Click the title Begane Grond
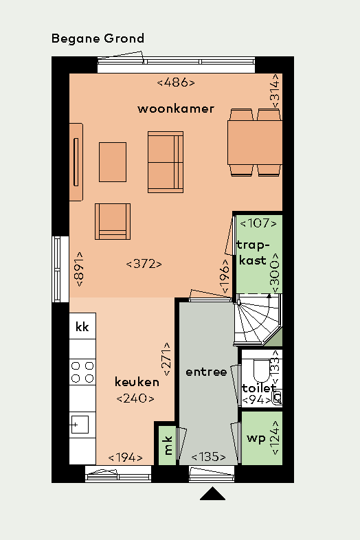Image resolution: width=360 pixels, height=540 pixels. click(98, 38)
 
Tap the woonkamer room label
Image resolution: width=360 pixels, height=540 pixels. click(176, 109)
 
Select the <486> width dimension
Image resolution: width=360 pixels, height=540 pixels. click(177, 82)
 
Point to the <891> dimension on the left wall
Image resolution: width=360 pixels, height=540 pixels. click(80, 269)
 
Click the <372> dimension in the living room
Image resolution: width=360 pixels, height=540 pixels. click(144, 263)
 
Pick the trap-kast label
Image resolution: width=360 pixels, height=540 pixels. click(252, 252)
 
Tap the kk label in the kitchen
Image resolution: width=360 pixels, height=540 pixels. click(82, 327)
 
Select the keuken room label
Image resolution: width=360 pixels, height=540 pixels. click(137, 382)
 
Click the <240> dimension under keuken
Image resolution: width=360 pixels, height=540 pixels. click(135, 398)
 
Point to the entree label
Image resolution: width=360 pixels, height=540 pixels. click(206, 372)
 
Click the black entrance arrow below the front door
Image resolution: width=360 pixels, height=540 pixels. click(213, 494)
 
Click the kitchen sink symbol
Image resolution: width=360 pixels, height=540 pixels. click(82, 425)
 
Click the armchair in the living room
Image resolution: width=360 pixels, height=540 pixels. click(113, 221)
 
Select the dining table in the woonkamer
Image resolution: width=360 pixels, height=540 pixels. click(255, 142)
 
